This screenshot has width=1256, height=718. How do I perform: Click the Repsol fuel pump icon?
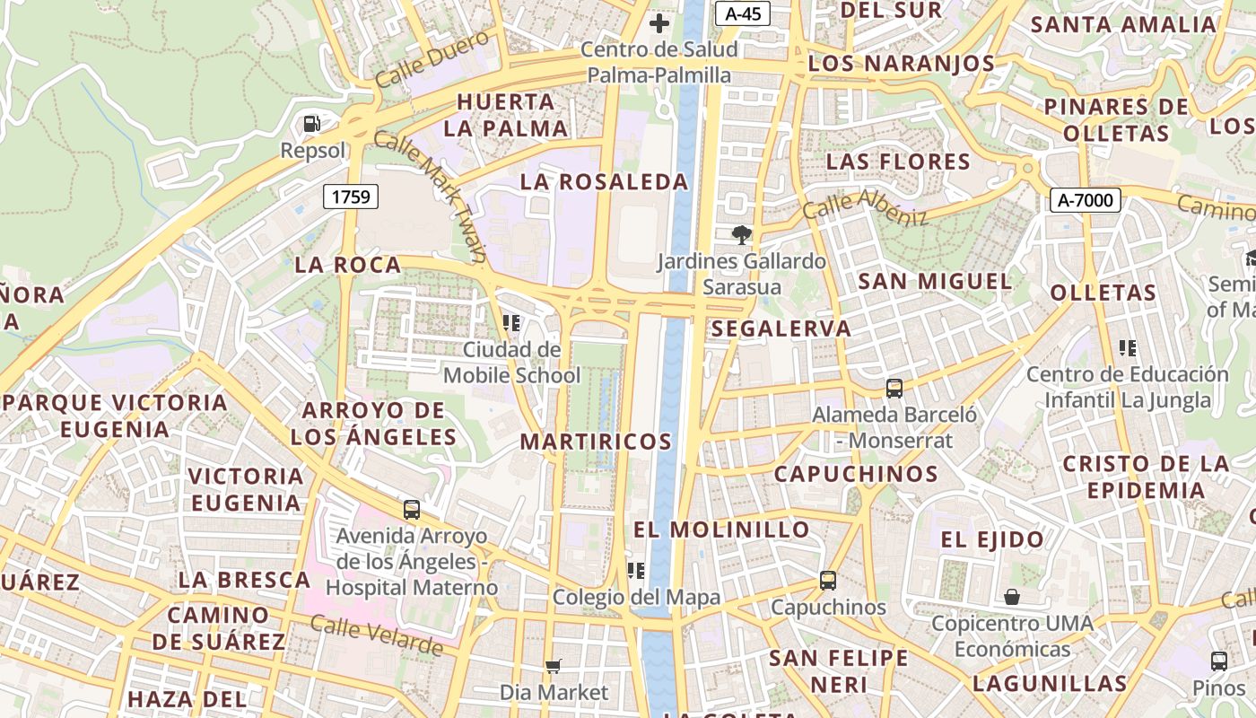point(311,124)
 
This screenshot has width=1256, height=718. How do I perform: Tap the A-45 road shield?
point(742,13)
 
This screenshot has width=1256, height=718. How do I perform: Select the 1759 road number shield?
point(351,196)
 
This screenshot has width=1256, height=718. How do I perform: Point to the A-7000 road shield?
point(1085,200)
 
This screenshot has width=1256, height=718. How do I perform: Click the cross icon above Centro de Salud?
point(659,23)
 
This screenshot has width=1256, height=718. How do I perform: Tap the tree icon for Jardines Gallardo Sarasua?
point(741,235)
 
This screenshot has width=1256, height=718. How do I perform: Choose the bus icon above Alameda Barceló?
point(894,389)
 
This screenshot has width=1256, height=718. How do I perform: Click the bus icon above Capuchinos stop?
point(827,581)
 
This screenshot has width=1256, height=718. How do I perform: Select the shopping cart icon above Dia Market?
point(554,666)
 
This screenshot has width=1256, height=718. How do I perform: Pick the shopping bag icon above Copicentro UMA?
point(1012,597)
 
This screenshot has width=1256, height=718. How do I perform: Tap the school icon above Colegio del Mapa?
point(636,570)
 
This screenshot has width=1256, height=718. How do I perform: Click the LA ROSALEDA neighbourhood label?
point(605,182)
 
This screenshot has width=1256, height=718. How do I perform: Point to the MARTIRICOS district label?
point(596,442)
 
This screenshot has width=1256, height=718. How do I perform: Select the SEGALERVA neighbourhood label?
point(781,328)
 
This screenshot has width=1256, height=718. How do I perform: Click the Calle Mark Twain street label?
point(431,196)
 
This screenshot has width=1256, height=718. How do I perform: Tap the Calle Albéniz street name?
point(865,206)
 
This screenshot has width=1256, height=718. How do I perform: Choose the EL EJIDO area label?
point(992,539)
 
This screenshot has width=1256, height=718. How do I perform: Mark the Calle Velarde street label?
point(377,635)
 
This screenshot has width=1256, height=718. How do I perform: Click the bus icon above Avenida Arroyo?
point(412,510)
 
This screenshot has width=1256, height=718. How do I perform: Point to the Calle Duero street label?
point(432,58)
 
